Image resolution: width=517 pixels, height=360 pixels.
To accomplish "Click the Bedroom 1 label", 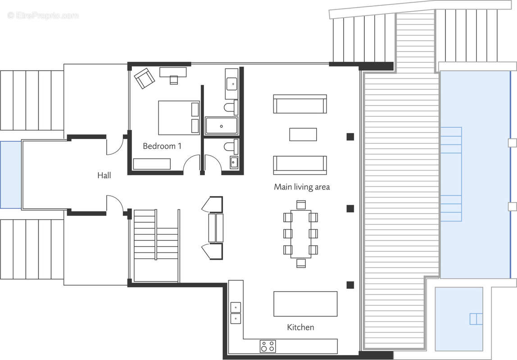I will (162, 146).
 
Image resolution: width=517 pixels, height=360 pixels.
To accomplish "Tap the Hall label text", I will (104, 175).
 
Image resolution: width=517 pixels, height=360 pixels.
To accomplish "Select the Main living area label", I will (302, 187).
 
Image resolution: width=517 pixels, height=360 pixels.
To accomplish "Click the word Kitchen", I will (300, 327).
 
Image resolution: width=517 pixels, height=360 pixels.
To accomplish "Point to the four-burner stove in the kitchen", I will (268, 346).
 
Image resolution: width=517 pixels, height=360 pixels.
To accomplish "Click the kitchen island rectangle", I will (305, 304).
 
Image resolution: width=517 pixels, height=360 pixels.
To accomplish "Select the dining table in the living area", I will (300, 234).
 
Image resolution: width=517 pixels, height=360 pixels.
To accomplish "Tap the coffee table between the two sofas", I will (303, 135).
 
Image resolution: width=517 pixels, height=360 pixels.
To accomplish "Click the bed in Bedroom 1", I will (179, 117).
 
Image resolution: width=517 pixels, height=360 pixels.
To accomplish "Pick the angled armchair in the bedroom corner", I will (144, 78).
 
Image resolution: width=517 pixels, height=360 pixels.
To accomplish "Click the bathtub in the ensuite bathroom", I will (221, 126).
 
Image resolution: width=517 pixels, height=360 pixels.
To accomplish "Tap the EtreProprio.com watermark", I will (43, 15).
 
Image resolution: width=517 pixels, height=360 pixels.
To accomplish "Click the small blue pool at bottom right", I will (458, 319).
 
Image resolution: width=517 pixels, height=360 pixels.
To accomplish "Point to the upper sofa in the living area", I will (299, 104).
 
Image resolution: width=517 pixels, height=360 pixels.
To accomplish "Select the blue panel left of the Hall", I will (10, 175).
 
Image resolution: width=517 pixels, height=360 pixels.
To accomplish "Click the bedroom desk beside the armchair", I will (173, 72).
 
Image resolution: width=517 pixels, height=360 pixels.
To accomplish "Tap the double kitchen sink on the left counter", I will (235, 313).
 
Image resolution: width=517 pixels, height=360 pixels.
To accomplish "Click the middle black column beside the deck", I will (350, 208).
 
